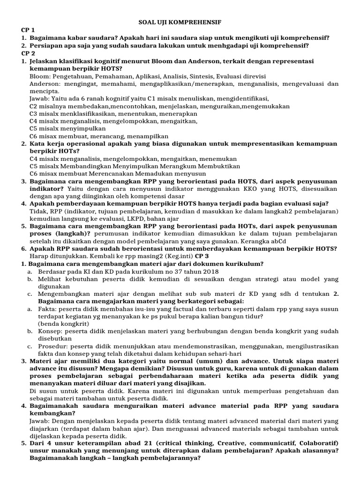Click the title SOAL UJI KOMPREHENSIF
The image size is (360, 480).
pos(180,22)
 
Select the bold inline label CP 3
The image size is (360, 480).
pos(202,256)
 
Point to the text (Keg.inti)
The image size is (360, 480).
pos(177,256)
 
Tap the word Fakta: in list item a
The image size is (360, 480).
pos(49,308)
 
